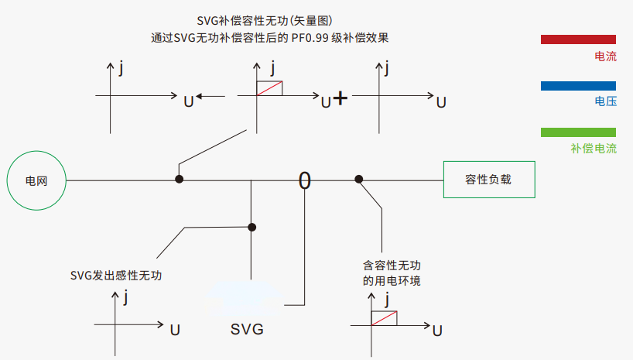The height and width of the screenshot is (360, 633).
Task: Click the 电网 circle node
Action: click(37, 180)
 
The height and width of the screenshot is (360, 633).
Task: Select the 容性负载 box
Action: click(488, 180)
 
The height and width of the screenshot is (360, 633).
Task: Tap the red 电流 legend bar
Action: click(578, 39)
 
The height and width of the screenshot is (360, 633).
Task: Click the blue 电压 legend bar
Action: click(578, 85)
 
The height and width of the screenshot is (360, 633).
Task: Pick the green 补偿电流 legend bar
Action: click(578, 132)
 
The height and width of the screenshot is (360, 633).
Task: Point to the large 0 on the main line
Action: click(305, 180)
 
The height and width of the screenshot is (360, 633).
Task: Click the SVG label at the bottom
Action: click(248, 329)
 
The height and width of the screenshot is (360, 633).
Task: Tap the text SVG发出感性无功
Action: click(116, 275)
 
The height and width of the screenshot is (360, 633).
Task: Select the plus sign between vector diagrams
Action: click(340, 98)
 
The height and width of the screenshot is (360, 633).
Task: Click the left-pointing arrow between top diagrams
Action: click(210, 97)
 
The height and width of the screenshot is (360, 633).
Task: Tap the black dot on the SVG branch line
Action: click(251, 227)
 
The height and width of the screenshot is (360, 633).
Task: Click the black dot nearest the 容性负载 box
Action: click(359, 180)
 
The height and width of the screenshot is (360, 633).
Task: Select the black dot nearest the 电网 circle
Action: click(179, 179)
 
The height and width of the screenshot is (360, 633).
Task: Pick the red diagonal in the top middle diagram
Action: click(269, 88)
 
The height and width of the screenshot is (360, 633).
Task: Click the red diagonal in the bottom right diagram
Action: click(385, 318)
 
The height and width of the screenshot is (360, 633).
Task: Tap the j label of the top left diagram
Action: click(121, 69)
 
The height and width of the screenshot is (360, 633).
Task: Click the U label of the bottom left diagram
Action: click(175, 330)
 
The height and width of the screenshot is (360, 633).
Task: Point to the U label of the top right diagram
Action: click(441, 101)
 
